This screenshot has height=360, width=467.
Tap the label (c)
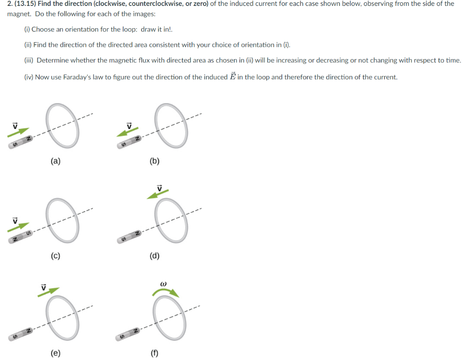(55, 256)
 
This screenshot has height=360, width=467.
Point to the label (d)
(155, 256)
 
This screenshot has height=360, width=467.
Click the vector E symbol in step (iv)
(232, 76)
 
